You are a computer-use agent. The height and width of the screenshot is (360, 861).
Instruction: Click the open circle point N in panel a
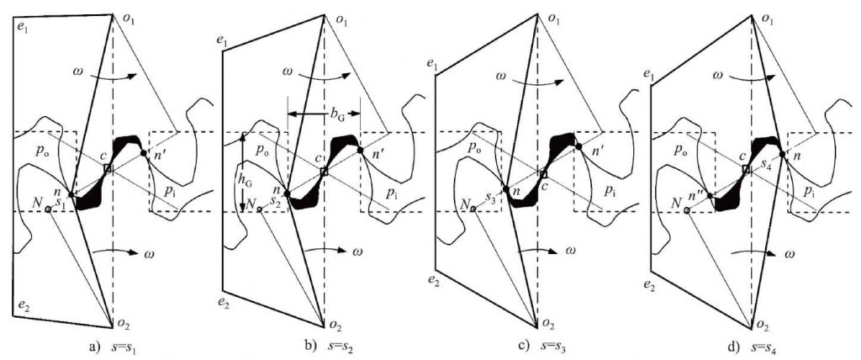click(48, 209)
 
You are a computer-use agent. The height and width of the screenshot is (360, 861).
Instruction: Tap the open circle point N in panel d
click(688, 210)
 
